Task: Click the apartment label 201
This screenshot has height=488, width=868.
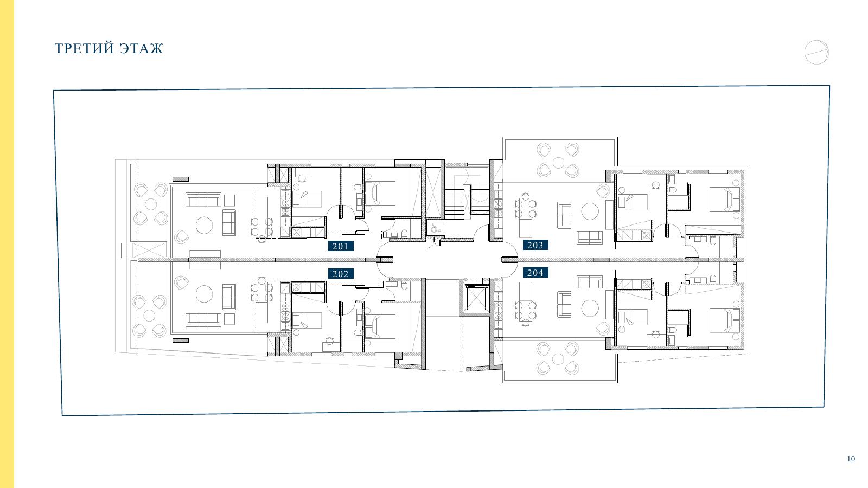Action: [x=341, y=246]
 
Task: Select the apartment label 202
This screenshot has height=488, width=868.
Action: [x=341, y=274]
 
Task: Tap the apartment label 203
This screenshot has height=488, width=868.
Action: [x=535, y=245]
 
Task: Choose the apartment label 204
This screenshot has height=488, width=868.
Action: [x=535, y=273]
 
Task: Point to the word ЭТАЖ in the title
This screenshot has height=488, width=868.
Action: [x=142, y=48]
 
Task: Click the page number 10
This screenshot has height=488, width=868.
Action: [x=851, y=459]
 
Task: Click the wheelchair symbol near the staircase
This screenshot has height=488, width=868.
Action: [x=433, y=228]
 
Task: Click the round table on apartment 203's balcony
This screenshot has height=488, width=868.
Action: [x=558, y=163]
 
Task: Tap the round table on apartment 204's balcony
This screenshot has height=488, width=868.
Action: [x=558, y=359]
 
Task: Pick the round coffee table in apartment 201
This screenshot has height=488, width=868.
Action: [x=204, y=225]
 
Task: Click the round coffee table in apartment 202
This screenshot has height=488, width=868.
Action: [x=204, y=294]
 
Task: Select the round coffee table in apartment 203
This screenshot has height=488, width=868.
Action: [x=590, y=211]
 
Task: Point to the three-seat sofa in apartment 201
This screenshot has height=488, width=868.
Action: [x=203, y=200]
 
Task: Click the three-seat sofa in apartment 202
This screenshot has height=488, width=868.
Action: [x=203, y=319]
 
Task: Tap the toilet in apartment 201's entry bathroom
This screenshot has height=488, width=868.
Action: [x=404, y=234]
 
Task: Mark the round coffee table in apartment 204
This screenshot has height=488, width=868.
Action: [x=590, y=309]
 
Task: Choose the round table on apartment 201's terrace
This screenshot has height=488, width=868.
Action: [x=151, y=204]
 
